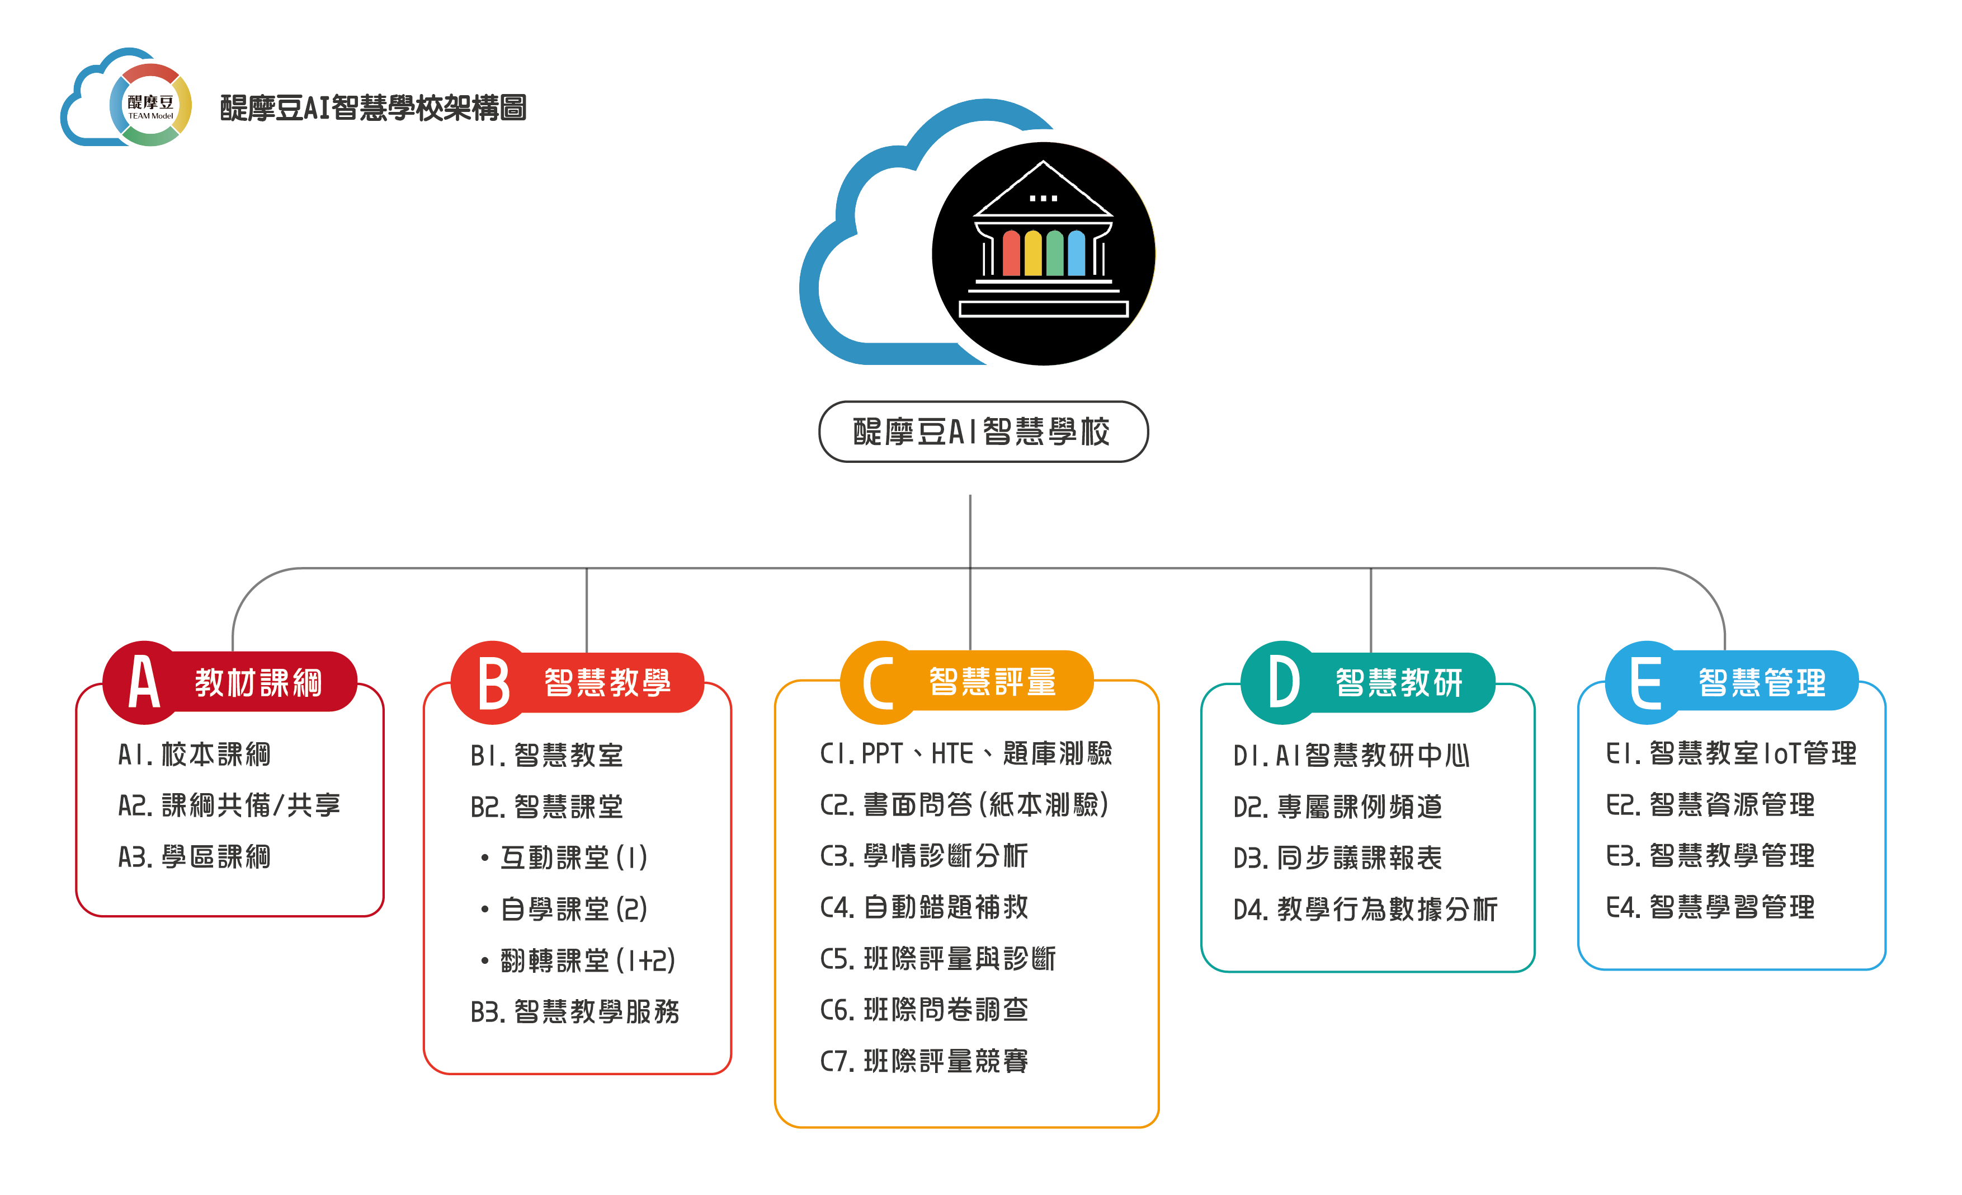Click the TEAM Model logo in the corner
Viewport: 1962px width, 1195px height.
(128, 98)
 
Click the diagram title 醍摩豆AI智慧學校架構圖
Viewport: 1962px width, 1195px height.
(372, 107)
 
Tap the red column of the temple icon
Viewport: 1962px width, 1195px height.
(1011, 254)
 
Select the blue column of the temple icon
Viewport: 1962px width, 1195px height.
(1077, 254)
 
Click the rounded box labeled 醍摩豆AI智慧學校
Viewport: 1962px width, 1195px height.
(983, 432)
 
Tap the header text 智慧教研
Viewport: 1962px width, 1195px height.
(1399, 683)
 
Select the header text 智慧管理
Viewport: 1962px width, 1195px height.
(1762, 683)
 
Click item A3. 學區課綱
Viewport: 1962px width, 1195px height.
(194, 857)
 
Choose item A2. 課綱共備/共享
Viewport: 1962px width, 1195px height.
(229, 805)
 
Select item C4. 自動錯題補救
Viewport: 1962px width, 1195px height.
(925, 907)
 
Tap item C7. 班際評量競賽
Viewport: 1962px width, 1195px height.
(925, 1062)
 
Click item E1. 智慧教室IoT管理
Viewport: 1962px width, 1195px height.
(1731, 753)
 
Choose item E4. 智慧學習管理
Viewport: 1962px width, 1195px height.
(1710, 907)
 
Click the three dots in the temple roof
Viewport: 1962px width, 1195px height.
(1043, 198)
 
